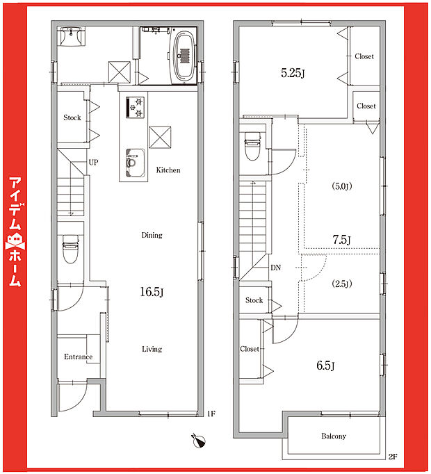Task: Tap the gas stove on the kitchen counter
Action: pyautogui.click(x=135, y=107)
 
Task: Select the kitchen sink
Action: pyautogui.click(x=135, y=163)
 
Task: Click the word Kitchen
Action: pyautogui.click(x=168, y=170)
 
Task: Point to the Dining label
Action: pyautogui.click(x=152, y=235)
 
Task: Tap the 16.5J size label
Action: pyautogui.click(x=152, y=292)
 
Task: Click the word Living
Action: pyautogui.click(x=152, y=349)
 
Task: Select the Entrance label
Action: pyautogui.click(x=78, y=357)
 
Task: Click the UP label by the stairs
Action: pyautogui.click(x=93, y=163)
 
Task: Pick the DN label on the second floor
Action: pyautogui.click(x=275, y=268)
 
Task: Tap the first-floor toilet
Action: pyautogui.click(x=71, y=249)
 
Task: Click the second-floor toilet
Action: pyautogui.click(x=252, y=146)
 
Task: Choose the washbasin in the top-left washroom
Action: pyautogui.click(x=72, y=36)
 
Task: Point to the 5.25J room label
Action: pyautogui.click(x=293, y=73)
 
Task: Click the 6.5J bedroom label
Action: pyautogui.click(x=325, y=366)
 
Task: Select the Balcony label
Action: pyautogui.click(x=334, y=436)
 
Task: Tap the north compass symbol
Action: pyautogui.click(x=198, y=441)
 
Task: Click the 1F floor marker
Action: pyautogui.click(x=211, y=414)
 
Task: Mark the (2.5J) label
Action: pyautogui.click(x=342, y=284)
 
